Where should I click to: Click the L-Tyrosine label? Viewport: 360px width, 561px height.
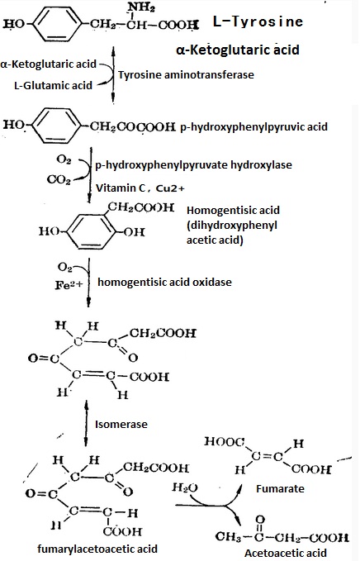click(x=258, y=21)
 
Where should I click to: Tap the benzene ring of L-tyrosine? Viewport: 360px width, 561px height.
click(x=57, y=24)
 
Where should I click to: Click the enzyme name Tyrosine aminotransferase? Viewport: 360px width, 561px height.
click(x=186, y=75)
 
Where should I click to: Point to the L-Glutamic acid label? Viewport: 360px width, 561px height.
click(x=53, y=85)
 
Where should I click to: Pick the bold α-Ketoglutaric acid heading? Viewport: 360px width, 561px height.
click(x=238, y=50)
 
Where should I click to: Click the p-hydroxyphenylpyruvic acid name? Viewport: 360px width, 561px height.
click(x=253, y=126)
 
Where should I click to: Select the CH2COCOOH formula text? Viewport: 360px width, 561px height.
click(x=133, y=126)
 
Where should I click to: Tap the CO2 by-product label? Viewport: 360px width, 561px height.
click(x=59, y=179)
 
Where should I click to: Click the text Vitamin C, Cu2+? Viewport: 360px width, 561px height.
click(x=140, y=188)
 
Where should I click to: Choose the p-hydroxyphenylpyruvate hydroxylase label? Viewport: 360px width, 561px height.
click(x=193, y=165)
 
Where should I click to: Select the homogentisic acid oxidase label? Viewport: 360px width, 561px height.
click(x=164, y=282)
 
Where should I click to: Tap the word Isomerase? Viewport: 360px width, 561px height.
click(x=121, y=425)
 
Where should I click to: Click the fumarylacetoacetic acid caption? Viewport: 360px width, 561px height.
click(x=97, y=549)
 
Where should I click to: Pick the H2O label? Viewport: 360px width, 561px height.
click(x=185, y=487)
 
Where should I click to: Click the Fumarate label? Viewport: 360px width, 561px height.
click(x=280, y=488)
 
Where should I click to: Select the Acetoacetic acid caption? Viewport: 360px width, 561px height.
click(x=286, y=553)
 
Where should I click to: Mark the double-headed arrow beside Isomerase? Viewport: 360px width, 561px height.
click(x=86, y=423)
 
